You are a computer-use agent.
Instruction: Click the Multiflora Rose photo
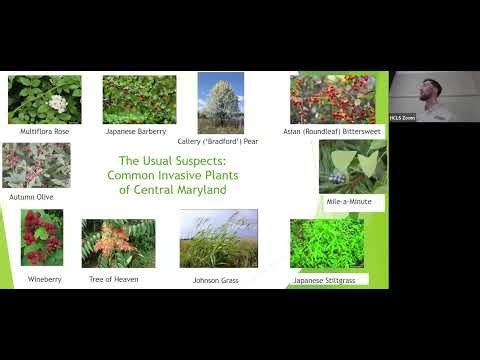(x=44, y=99)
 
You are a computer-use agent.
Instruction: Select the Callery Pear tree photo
(x=221, y=103)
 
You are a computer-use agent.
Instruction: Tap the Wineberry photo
(x=42, y=237)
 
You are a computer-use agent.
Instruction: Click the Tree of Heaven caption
(x=114, y=279)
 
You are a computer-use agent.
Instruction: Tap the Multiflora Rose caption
(x=45, y=131)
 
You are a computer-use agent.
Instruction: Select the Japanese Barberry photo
(x=139, y=99)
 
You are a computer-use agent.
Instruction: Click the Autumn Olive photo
(x=36, y=165)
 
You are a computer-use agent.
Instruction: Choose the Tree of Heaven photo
(x=118, y=243)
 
